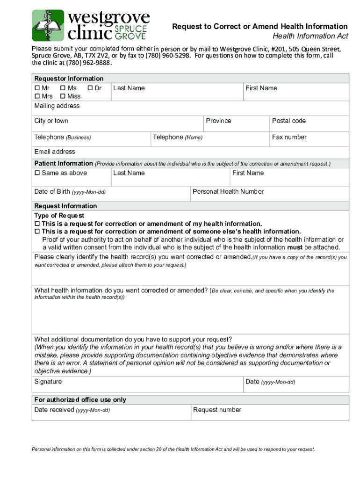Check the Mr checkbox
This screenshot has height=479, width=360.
[37, 88]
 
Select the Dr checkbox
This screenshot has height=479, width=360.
[90, 88]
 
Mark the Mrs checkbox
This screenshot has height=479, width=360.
[37, 96]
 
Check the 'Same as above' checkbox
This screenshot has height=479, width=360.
[37, 173]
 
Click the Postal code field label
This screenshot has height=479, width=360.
[288, 121]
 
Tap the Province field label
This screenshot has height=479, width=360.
[218, 121]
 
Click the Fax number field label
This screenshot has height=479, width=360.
[289, 138]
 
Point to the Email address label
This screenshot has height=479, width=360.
[55, 152]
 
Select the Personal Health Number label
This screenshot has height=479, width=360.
[228, 192]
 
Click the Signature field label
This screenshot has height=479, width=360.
[48, 382]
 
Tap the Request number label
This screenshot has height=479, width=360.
[217, 410]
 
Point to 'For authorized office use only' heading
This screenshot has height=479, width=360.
[80, 400]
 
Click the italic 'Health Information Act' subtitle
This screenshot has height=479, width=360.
[310, 36]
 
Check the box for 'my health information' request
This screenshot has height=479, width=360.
[37, 224]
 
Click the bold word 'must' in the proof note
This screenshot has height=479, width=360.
[294, 247]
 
